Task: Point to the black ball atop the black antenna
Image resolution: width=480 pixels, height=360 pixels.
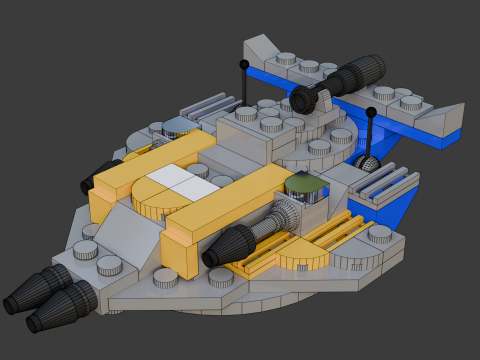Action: click(243, 64)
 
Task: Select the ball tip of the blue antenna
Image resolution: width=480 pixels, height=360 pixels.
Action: click(371, 111)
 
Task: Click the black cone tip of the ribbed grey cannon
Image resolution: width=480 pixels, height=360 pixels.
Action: click(233, 244)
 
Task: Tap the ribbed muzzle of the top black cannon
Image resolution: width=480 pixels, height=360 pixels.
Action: click(368, 69)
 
